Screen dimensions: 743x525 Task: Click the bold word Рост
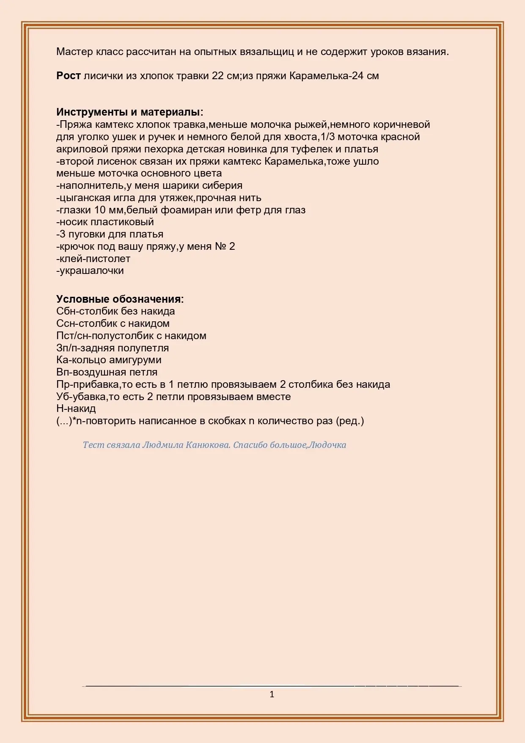[69, 76]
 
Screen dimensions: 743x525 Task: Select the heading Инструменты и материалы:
[129, 112]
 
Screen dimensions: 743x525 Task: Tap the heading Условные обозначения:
[120, 299]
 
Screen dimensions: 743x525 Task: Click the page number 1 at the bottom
[272, 694]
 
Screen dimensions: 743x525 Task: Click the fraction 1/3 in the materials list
[328, 137]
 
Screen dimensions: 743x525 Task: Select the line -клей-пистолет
[93, 259]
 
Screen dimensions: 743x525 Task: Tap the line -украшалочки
[90, 271]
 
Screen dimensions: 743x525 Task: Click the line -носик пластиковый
[105, 222]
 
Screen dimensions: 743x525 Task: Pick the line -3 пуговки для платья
[110, 234]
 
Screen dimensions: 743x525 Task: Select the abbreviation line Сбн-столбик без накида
[115, 311]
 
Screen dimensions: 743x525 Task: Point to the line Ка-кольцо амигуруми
[109, 360]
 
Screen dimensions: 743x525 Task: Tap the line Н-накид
[76, 409]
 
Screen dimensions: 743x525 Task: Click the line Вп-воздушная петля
[107, 372]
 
